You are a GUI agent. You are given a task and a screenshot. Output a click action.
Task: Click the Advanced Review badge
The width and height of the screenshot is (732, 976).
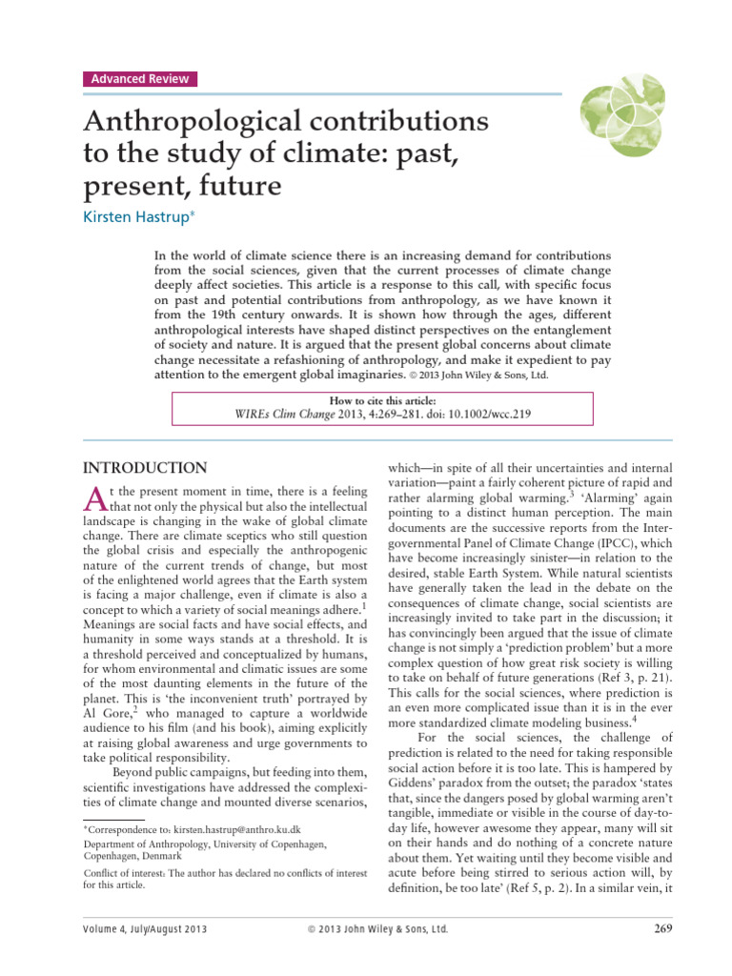[x=139, y=79]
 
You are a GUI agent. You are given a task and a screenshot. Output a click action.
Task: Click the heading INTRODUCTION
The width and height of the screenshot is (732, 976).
[x=145, y=468]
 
